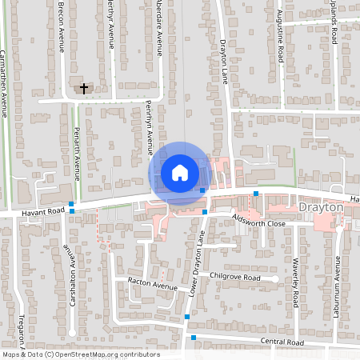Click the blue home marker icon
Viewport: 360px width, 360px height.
180,172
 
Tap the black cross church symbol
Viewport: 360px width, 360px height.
84,89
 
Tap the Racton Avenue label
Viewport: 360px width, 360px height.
153,284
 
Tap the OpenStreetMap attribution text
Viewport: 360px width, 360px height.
80,354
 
